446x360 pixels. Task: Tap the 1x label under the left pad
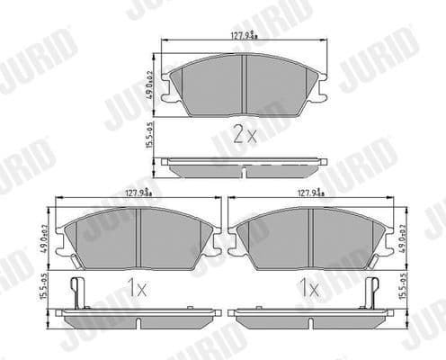click(x=137, y=290)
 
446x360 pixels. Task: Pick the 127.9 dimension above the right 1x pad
click(x=310, y=191)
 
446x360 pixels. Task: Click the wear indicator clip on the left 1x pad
click(x=78, y=291)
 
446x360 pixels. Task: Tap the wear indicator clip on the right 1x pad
click(x=370, y=291)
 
